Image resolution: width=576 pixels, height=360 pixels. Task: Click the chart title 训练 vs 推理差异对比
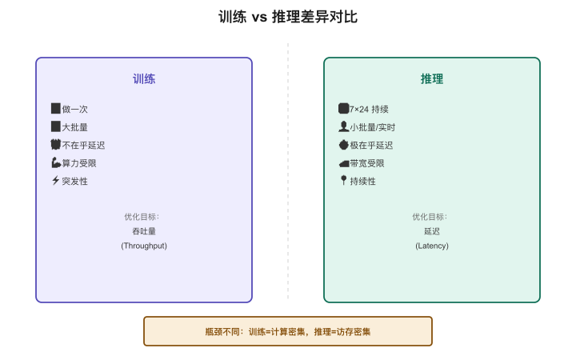point(288,17)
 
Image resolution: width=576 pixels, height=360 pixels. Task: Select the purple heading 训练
point(144,79)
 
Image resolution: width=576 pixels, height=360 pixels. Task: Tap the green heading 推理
point(432,79)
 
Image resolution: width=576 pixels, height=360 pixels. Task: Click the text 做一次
point(75,109)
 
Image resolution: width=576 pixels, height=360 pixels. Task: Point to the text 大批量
point(75,127)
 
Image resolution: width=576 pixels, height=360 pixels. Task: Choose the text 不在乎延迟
point(83,145)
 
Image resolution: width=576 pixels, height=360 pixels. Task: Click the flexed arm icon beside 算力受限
point(56,162)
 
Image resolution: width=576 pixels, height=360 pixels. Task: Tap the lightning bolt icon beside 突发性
point(55,180)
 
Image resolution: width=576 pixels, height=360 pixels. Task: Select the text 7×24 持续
point(369,109)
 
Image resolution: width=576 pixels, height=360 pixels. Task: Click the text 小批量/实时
point(373,127)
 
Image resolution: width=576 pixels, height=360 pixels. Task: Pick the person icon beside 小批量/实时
point(343,126)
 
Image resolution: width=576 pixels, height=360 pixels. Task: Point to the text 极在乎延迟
point(371,145)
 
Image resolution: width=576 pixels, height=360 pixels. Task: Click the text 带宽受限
point(367,163)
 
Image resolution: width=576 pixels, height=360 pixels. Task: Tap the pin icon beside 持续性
point(343,180)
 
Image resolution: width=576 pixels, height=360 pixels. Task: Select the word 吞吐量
point(144,231)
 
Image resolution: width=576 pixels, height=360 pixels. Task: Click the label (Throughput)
point(144,246)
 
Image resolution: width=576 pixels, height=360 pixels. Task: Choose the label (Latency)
point(432,246)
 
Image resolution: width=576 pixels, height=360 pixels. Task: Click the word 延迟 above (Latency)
point(432,231)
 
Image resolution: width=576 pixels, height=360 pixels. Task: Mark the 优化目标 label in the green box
point(430,217)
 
